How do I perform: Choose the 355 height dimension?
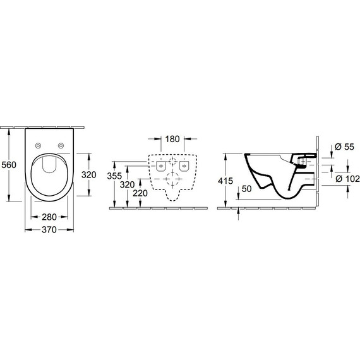(114, 176)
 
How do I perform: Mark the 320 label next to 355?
(128, 185)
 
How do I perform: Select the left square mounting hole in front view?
(160, 167)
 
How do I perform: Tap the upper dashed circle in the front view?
(171, 161)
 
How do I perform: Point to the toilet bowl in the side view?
(272, 174)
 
